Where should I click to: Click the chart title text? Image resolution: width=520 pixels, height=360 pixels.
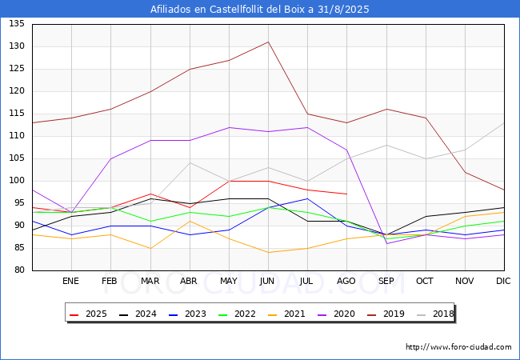[x=260, y=10]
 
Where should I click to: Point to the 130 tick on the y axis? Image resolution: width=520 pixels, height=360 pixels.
[x=17, y=46]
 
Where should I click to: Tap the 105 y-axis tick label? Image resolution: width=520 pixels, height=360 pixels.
[x=17, y=158]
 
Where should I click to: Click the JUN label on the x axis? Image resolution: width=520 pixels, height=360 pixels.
[x=268, y=282]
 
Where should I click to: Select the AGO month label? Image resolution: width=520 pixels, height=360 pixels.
[x=346, y=282]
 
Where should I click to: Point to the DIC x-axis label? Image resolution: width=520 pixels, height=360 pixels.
[x=503, y=282]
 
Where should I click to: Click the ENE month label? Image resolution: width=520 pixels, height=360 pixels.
[x=71, y=282]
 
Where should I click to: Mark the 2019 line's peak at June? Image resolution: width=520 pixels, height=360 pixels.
[x=268, y=42]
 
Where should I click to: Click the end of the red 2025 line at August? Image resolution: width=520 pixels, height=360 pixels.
[x=346, y=194]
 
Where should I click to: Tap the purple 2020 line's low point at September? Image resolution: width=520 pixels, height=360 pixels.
[x=386, y=243]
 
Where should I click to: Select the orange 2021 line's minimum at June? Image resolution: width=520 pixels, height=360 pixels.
[x=268, y=252]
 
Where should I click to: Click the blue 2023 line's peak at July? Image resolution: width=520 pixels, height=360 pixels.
[x=307, y=198]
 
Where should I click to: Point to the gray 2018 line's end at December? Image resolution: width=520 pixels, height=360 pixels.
[x=503, y=122]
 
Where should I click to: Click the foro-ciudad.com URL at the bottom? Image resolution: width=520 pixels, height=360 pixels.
[x=458, y=347]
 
